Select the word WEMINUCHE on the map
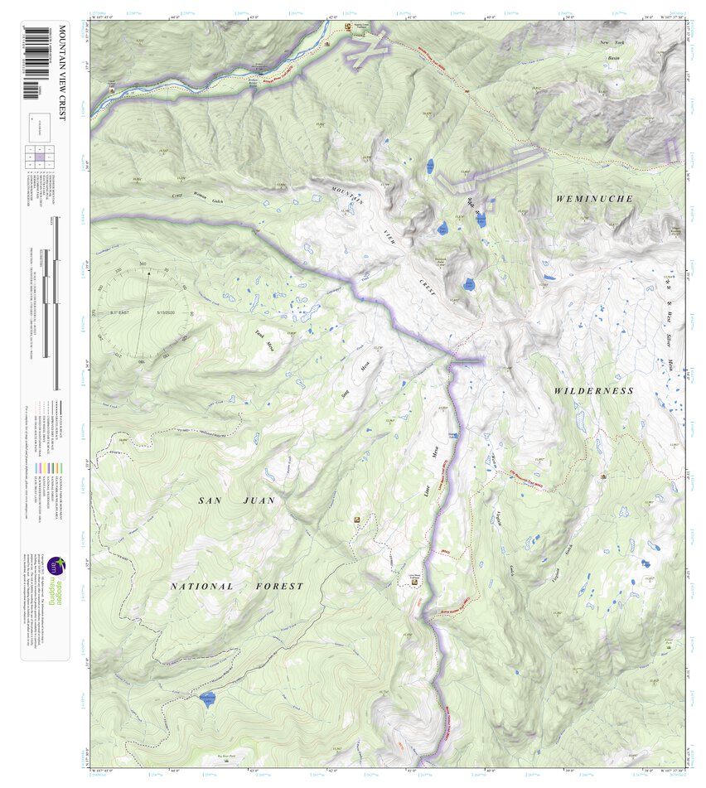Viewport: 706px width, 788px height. [594, 199]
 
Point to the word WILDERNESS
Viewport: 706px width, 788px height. [593, 390]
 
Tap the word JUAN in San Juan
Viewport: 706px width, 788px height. [258, 500]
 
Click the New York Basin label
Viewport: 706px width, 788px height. [616, 51]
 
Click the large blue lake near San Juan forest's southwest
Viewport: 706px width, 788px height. [206, 699]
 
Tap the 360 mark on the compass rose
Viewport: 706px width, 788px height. [143, 264]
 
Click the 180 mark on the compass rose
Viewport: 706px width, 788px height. [140, 361]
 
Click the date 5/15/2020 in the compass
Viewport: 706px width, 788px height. [168, 313]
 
